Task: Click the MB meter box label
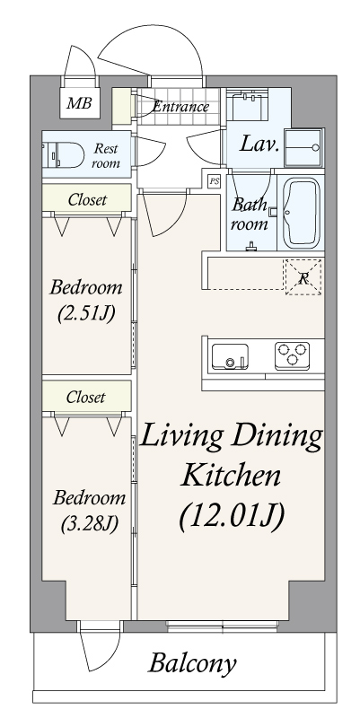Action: coord(78,103)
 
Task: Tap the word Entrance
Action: coord(180,108)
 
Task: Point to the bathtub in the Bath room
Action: coord(302,213)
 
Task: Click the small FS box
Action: coord(214,180)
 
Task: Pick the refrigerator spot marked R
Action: coord(303,276)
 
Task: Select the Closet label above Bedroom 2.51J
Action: coord(86,200)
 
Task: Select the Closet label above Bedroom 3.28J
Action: coord(86,396)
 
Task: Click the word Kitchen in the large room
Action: coord(232,476)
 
